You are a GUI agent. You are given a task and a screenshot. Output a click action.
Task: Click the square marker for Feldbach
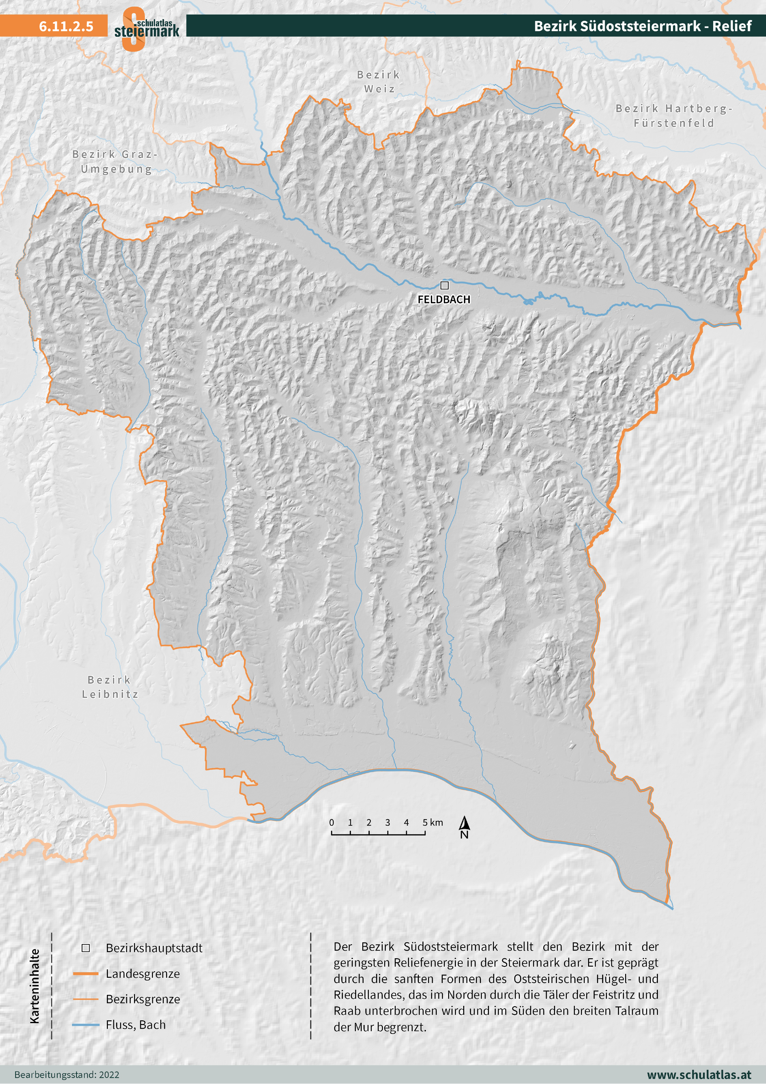pos(444,285)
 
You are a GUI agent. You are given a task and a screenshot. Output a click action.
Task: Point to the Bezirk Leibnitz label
pos(110,687)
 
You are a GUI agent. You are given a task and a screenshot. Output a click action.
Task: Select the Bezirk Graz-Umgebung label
pos(116,162)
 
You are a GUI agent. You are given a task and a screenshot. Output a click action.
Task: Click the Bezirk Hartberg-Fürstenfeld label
pos(674,116)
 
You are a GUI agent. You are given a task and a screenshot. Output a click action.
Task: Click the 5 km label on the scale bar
pos(432,822)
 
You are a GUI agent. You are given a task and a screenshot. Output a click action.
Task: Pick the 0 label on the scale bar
pos(331,822)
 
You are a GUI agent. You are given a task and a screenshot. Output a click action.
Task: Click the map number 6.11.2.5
pos(66,26)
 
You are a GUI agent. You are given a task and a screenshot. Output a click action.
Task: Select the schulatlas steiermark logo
pos(146,28)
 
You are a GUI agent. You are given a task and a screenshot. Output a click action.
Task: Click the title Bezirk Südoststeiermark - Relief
pos(642,26)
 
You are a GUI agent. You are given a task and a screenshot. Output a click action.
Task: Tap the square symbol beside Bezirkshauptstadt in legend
pos(86,948)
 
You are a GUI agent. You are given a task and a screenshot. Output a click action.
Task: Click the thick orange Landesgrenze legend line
pos(86,973)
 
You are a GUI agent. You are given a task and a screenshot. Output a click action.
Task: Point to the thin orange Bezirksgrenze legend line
pos(86,999)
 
